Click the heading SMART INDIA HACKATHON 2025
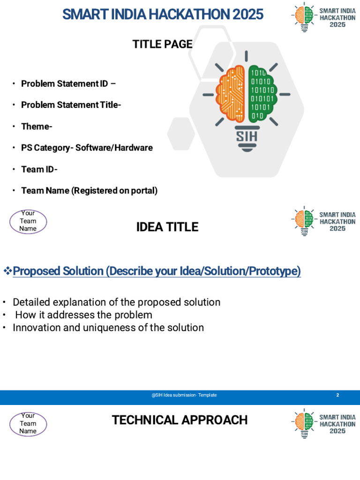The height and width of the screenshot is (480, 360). (163, 15)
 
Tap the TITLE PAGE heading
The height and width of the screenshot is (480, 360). (162, 44)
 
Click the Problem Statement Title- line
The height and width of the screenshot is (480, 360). (71, 105)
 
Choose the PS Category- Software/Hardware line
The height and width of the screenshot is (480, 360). (87, 148)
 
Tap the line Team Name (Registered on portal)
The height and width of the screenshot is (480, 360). (89, 191)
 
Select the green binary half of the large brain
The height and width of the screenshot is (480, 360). (262, 94)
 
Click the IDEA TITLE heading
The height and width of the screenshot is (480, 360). (167, 227)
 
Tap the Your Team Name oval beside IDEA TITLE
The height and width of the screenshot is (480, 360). (28, 221)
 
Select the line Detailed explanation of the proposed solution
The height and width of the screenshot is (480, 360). (116, 302)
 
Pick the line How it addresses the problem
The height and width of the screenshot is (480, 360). (83, 315)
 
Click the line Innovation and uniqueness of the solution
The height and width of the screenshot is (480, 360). (108, 328)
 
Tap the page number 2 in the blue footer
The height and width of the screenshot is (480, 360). (337, 395)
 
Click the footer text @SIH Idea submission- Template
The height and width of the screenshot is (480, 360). (184, 395)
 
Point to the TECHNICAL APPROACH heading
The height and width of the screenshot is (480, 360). (180, 420)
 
